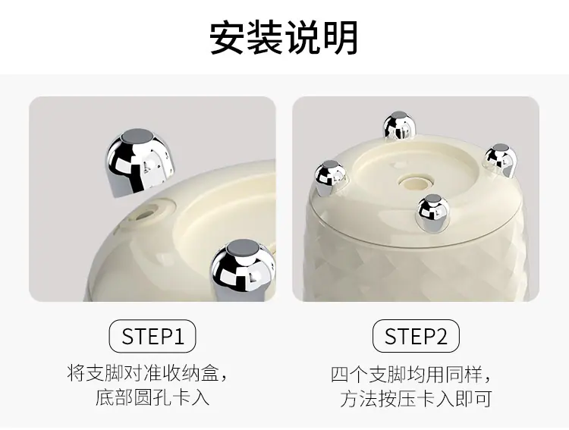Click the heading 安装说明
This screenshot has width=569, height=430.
284,38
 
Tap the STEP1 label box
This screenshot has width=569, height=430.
152,336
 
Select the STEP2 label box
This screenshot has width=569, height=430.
416,336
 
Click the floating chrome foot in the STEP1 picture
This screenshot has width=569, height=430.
140,162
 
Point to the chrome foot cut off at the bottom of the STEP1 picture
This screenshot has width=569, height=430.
243,270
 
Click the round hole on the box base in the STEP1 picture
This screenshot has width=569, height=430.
143,213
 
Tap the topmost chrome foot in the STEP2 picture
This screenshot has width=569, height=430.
399,126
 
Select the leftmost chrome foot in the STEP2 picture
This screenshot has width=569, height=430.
329,177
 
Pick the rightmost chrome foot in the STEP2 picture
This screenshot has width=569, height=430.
500,161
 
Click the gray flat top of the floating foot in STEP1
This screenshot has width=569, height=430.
137,137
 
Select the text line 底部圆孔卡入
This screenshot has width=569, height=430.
152,397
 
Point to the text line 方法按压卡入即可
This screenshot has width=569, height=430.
416,398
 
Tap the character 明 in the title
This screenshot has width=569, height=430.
341,38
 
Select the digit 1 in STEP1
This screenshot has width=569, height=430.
179,337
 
